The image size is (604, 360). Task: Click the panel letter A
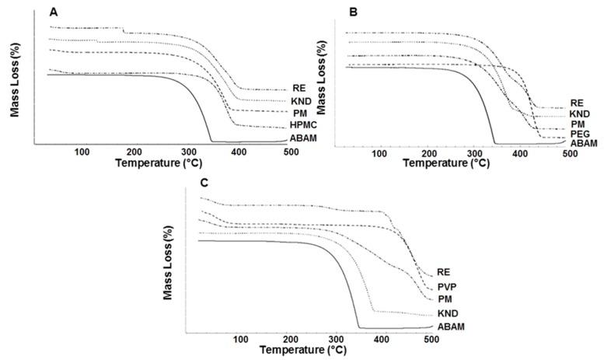tap(54, 12)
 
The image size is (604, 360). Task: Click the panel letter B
tap(354, 12)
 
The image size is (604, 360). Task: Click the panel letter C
tap(204, 184)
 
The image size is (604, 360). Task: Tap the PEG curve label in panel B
tap(578, 135)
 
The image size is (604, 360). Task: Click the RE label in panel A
tap(299, 87)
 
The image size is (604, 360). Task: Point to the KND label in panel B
tap(580, 114)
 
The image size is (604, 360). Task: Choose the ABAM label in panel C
tap(451, 327)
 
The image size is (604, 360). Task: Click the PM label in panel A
tap(299, 113)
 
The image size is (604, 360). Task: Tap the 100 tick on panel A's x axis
tap(82, 152)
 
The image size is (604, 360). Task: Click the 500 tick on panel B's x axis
tap(570, 153)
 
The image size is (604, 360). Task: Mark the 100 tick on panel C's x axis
tap(240, 340)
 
